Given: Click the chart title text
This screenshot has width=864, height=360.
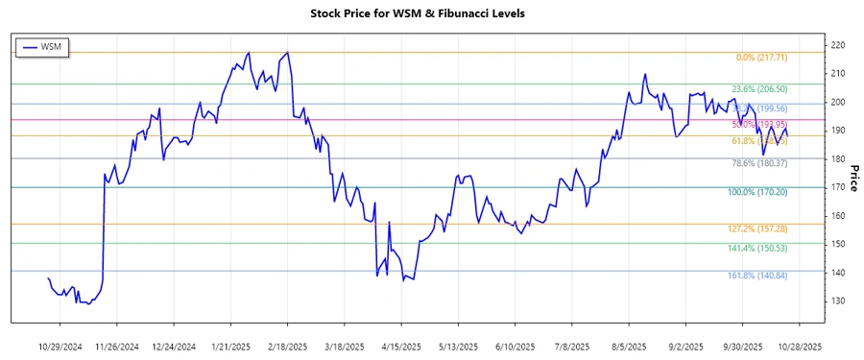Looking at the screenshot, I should [x=431, y=13].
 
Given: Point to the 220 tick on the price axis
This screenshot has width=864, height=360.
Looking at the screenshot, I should [x=837, y=45].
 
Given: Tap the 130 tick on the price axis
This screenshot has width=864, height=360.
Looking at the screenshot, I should [x=837, y=301].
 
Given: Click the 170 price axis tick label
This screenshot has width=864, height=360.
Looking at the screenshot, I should [x=837, y=187].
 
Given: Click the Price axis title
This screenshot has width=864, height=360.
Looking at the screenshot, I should [x=852, y=179].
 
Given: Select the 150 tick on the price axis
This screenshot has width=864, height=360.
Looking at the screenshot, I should [x=837, y=245].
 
